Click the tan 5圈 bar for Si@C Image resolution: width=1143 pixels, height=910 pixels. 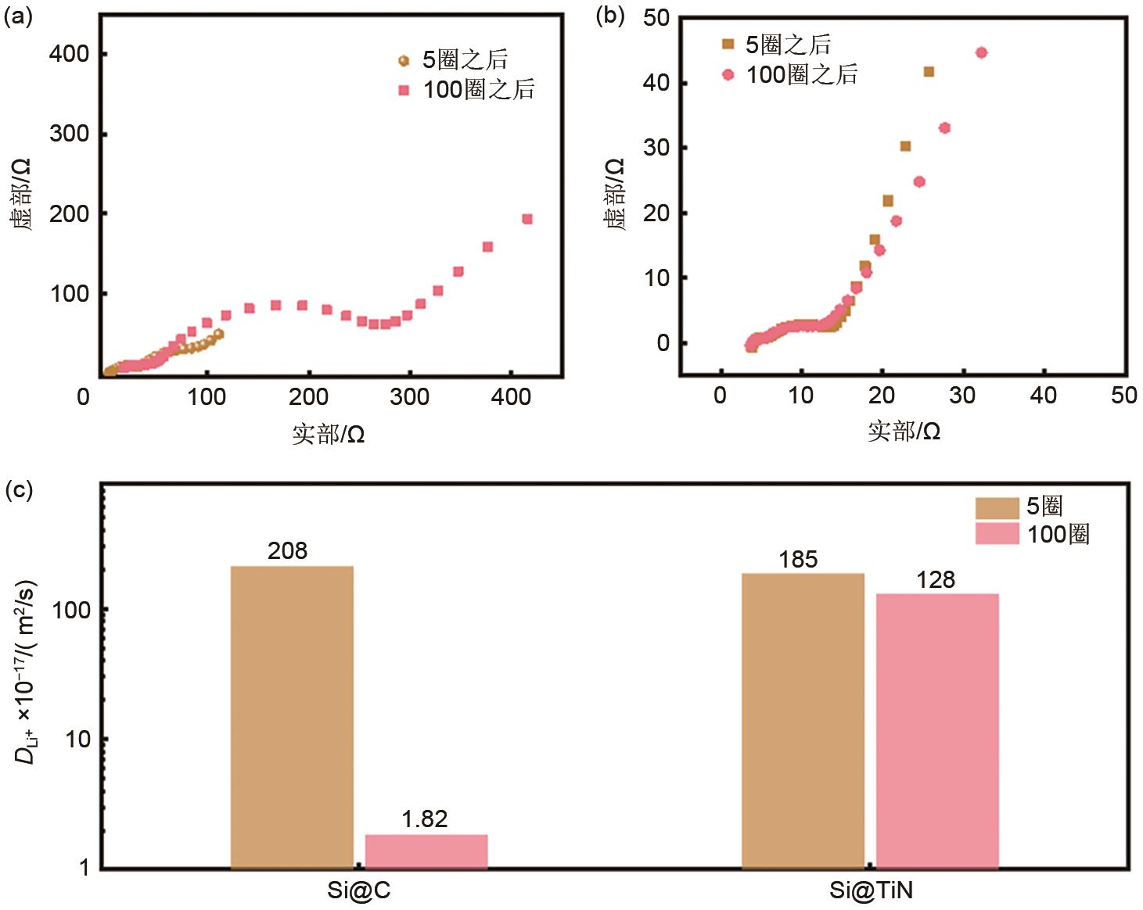click(292, 716)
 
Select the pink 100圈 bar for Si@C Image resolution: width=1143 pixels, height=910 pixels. click(426, 851)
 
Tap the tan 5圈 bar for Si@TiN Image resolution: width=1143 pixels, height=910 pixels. click(803, 720)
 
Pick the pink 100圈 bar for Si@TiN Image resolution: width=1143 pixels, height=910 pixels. click(937, 730)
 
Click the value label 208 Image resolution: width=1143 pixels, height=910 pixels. click(287, 551)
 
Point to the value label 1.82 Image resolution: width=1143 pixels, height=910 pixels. click(425, 819)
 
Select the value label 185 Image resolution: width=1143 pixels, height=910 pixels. click(798, 560)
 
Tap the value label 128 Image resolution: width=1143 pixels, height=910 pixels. click(936, 580)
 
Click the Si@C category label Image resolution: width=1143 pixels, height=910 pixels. click(358, 891)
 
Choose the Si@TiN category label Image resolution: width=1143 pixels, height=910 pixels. click(871, 891)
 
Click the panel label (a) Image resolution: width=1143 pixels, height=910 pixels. click(18, 16)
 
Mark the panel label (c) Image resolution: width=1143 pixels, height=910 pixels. click(18, 490)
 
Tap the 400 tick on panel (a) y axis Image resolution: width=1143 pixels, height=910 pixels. click(69, 54)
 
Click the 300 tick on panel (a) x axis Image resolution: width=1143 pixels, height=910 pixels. click(410, 397)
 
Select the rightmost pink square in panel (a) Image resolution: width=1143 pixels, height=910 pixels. click(527, 219)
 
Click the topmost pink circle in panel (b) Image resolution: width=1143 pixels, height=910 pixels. click(981, 52)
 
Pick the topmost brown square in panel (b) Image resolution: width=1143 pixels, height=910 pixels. click(929, 72)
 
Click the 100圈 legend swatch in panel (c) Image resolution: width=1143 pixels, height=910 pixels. click(997, 534)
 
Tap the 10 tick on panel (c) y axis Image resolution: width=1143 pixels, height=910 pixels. click(78, 739)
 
